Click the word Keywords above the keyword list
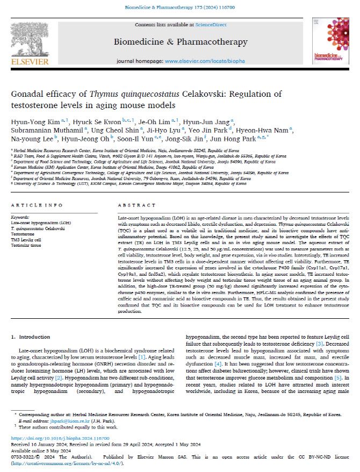pos(20,217)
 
